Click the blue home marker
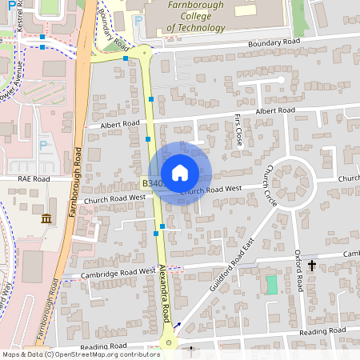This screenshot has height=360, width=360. [179, 173]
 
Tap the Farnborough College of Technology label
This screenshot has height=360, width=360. [195, 16]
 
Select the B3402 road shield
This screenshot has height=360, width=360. [155, 183]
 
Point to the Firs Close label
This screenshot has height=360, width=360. [238, 130]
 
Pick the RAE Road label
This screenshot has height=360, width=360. [34, 179]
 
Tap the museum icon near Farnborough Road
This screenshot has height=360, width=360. [46, 218]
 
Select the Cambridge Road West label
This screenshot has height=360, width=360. [118, 273]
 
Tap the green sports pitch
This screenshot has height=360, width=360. [271, 284]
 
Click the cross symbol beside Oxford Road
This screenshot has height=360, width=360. [312, 264]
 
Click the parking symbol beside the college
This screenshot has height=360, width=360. [138, 21]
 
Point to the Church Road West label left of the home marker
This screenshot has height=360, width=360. [114, 198]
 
